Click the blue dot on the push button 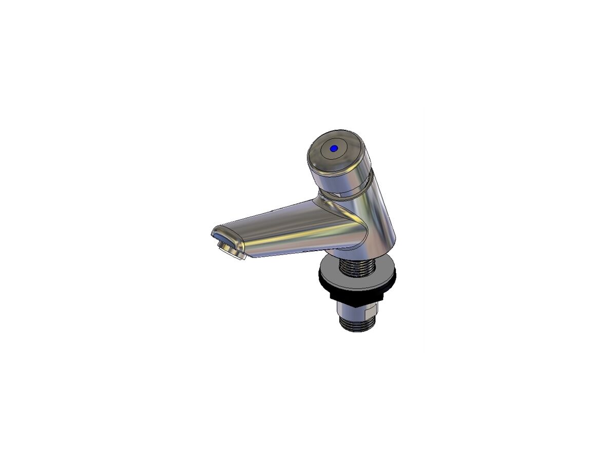tap(334, 148)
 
